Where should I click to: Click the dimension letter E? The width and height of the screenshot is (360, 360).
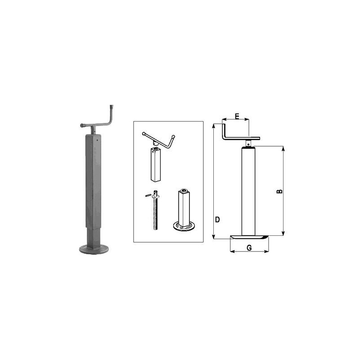tap(237, 116)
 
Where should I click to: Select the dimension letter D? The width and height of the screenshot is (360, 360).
tap(217, 220)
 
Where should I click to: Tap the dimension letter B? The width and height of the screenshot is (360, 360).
tap(279, 191)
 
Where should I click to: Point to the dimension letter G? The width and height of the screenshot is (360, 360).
tap(249, 248)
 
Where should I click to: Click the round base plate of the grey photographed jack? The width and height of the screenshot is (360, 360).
tap(94, 249)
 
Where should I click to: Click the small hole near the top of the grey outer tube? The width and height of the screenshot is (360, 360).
tap(97, 140)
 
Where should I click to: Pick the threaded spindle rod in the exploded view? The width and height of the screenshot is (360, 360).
tap(155, 210)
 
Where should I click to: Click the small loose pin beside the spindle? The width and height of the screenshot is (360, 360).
tap(148, 196)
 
